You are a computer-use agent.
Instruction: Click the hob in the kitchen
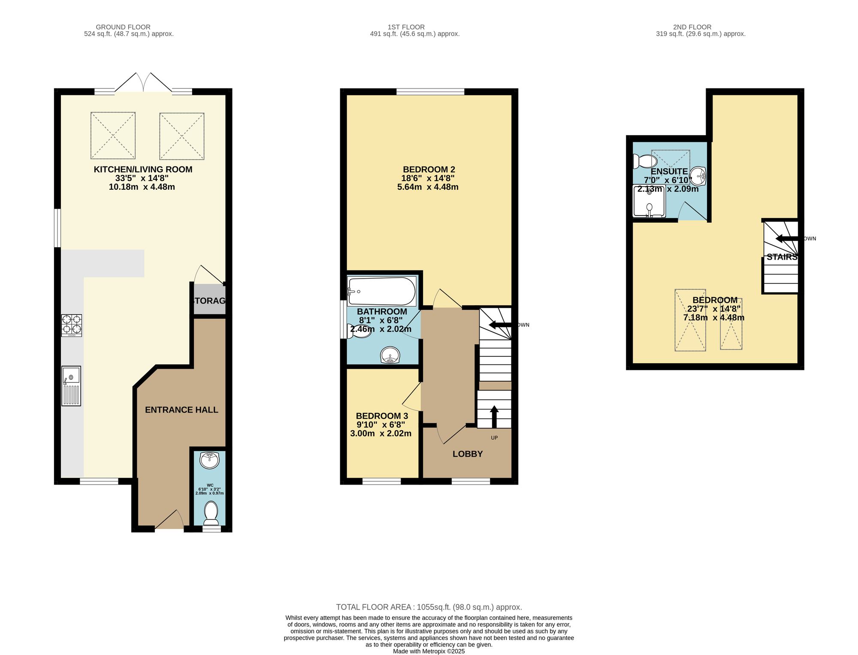click(x=72, y=325)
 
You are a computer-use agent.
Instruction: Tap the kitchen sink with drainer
click(x=71, y=386)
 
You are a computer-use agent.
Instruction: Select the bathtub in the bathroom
click(x=381, y=291)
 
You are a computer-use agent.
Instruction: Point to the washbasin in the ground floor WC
click(x=209, y=460)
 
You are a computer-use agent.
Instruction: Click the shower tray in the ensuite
click(x=649, y=201)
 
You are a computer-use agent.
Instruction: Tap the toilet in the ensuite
click(x=645, y=161)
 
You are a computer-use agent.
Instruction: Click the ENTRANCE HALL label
click(x=181, y=410)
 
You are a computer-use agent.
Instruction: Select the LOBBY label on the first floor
click(x=468, y=454)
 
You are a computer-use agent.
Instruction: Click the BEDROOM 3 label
click(x=382, y=416)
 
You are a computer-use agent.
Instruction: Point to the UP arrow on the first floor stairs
click(x=494, y=416)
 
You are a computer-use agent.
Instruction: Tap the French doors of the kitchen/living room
click(x=143, y=83)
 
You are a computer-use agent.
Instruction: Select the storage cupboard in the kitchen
click(x=209, y=300)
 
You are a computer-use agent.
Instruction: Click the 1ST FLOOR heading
click(x=406, y=27)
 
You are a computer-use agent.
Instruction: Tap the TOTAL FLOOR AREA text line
click(x=429, y=607)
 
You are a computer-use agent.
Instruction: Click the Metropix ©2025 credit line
click(x=429, y=651)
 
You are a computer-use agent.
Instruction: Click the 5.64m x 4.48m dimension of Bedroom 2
click(x=428, y=187)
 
